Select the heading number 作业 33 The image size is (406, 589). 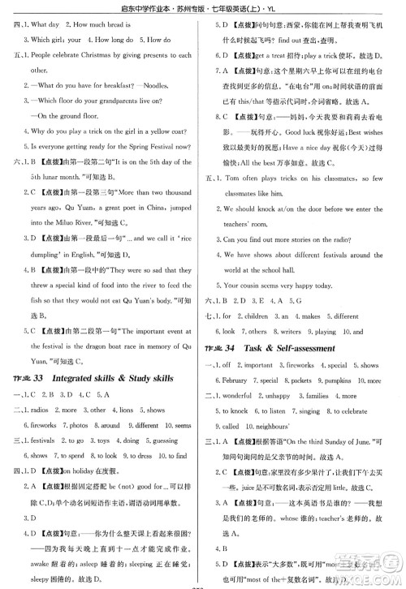click(26, 379)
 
